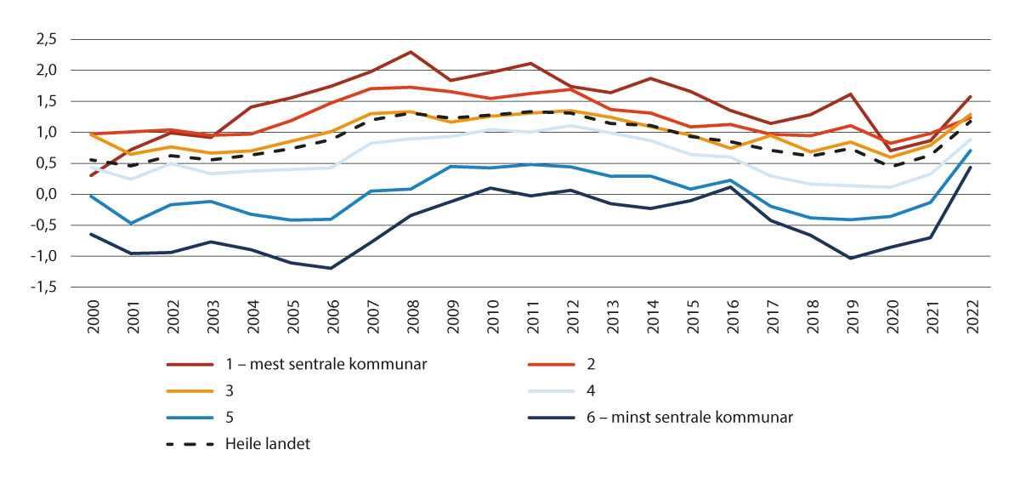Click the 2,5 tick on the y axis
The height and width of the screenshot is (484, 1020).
[44, 39]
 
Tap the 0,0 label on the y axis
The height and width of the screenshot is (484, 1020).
[44, 195]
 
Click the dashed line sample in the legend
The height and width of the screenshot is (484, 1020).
[191, 442]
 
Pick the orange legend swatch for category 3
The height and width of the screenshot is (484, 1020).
[191, 391]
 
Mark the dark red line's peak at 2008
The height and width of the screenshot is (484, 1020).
[411, 52]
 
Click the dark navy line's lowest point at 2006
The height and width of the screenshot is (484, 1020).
[331, 268]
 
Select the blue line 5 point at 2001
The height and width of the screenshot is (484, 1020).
[131, 223]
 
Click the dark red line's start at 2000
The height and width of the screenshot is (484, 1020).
[91, 175]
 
